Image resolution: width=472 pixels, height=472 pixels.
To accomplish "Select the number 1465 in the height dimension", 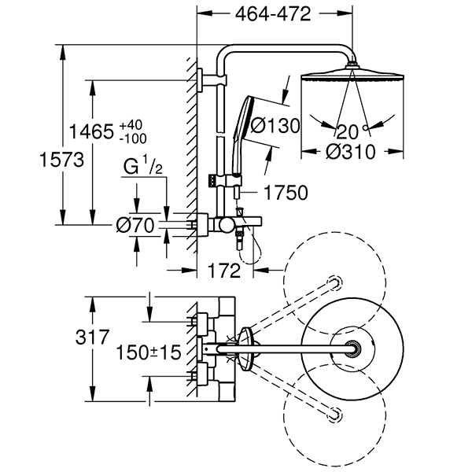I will pyautogui.click(x=92, y=131).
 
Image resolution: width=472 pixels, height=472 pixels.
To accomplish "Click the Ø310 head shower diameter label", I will pyautogui.click(x=344, y=153).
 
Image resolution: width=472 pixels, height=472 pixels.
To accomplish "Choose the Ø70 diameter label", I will pyautogui.click(x=134, y=224).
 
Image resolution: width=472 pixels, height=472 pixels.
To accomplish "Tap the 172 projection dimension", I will pyautogui.click(x=224, y=271).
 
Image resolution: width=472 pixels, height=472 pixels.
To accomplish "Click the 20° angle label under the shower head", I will pyautogui.click(x=347, y=131).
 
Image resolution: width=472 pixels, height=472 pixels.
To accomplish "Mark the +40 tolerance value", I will pyautogui.click(x=131, y=125).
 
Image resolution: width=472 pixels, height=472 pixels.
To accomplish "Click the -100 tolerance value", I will pyautogui.click(x=133, y=138).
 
